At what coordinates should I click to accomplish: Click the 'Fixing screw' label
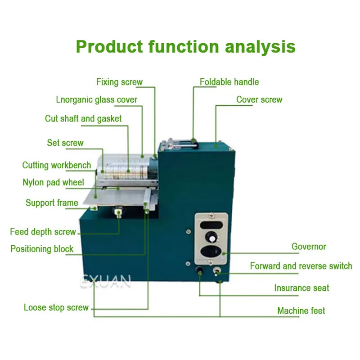tap(119, 82)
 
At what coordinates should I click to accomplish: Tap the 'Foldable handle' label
tap(229, 82)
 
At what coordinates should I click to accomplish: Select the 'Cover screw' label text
tap(259, 99)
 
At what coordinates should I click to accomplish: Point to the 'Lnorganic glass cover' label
tap(97, 99)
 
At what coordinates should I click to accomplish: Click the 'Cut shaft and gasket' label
tap(83, 119)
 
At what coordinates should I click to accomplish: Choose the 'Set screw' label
tap(65, 143)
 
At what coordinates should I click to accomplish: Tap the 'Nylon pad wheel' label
tap(53, 182)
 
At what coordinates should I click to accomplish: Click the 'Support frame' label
tap(52, 203)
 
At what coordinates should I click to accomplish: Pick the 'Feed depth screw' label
tap(43, 232)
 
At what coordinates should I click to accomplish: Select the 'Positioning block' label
tap(42, 249)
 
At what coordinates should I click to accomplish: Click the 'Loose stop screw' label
tap(56, 308)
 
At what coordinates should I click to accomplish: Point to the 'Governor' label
tap(309, 247)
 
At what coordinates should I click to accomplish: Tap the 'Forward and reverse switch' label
tap(301, 266)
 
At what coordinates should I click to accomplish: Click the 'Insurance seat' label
tap(301, 288)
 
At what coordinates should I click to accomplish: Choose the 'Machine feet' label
tap(301, 310)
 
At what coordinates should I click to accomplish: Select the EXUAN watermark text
tap(106, 282)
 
